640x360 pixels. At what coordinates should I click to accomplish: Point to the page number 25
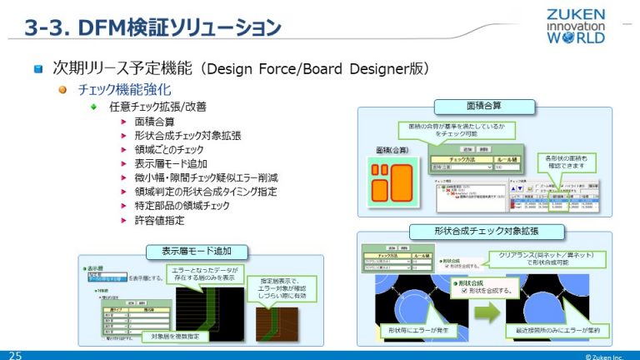click(x=15, y=354)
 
